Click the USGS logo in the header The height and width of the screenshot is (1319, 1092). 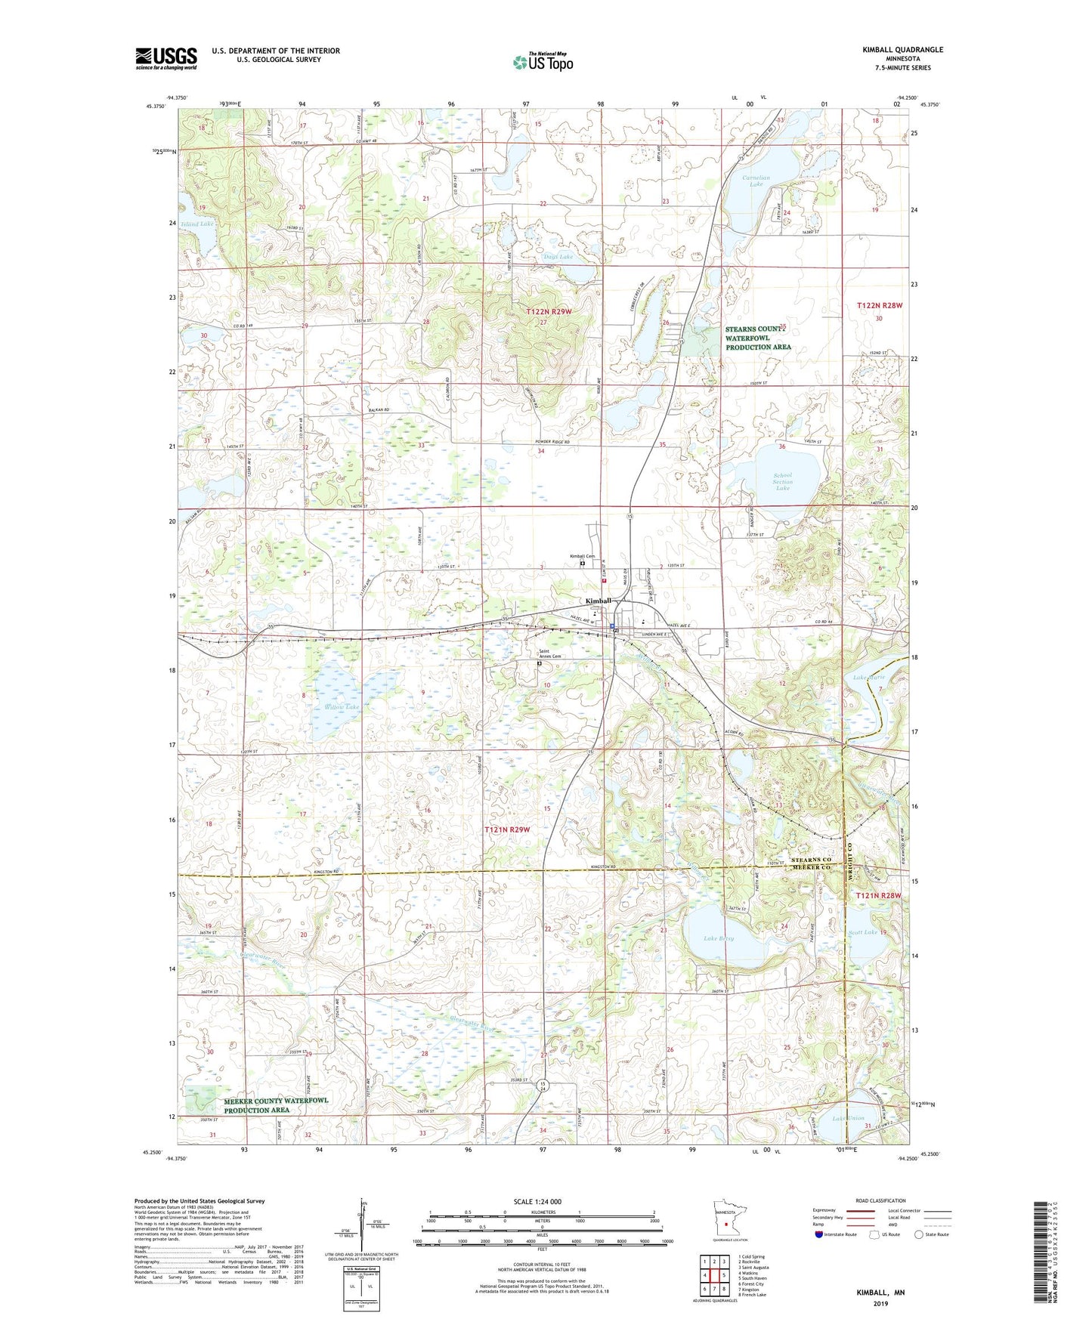166,58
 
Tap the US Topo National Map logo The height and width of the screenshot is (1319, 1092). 543,62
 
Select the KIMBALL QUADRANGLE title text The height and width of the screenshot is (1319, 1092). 902,50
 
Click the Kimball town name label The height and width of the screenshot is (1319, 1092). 599,601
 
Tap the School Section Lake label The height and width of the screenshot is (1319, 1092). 782,481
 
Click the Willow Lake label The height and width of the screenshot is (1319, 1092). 342,707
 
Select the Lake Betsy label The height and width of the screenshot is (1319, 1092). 719,938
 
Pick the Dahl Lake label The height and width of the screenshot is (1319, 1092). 558,257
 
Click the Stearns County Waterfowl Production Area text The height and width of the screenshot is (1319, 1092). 758,338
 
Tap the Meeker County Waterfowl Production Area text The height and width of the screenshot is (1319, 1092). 276,1105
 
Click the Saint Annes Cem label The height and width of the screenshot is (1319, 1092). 549,654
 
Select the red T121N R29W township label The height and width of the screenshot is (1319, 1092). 507,829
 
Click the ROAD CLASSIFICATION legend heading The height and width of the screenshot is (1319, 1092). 881,1200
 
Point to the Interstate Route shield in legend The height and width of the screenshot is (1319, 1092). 820,1234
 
